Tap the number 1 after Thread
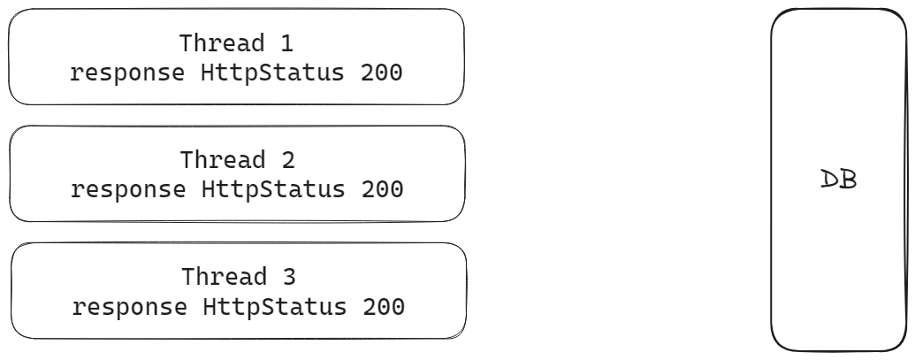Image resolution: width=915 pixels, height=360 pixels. tap(286, 43)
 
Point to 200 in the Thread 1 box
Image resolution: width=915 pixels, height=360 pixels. tap(381, 73)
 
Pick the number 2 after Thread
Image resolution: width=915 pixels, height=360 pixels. tap(287, 160)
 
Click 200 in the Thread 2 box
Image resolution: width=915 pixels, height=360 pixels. tap(382, 189)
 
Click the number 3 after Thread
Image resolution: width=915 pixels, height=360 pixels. tap(289, 277)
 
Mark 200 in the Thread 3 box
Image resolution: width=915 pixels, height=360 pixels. tap(384, 307)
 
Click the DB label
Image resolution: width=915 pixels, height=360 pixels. tap(838, 180)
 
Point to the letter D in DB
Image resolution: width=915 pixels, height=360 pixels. tap(829, 180)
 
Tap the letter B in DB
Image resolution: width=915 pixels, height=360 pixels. tap(848, 180)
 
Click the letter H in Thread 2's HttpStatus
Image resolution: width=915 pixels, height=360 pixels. tap(209, 189)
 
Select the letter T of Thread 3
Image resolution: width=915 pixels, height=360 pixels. tap(188, 277)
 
